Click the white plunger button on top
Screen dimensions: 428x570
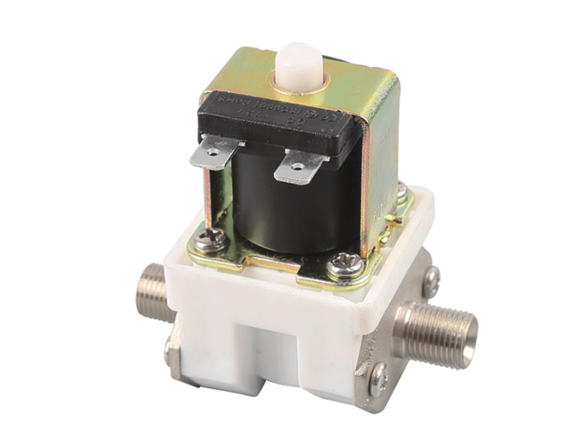[298, 64]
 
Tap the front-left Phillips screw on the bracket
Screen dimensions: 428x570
[206, 239]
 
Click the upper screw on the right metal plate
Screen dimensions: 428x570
[431, 279]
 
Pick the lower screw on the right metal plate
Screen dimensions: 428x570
[379, 377]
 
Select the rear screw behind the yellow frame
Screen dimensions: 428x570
[401, 189]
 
